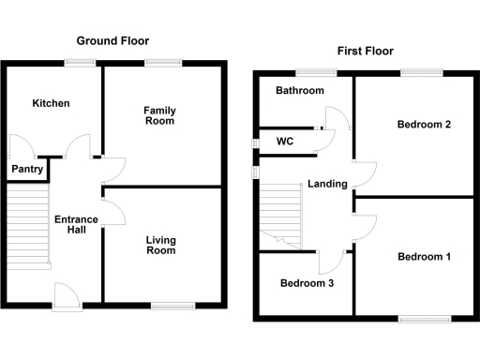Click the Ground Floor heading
112,41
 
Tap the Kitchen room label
51,103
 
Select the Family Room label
159,116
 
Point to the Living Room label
160,246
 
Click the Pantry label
26,170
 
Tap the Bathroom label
300,91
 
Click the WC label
286,142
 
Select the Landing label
328,184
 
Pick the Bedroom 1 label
424,257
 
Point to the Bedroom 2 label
425,125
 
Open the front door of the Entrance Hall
67,294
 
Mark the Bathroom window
308,72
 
